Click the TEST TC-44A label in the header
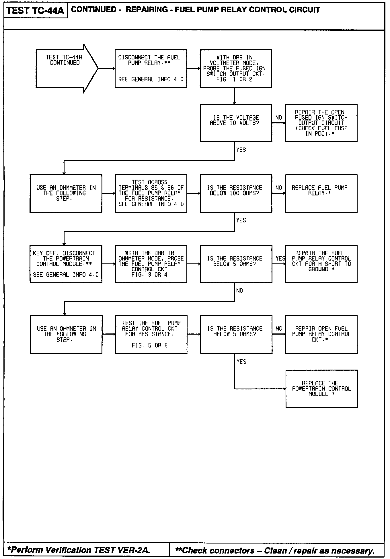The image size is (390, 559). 35,11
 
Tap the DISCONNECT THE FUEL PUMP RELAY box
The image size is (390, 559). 151,69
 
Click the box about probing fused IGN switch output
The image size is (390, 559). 236,69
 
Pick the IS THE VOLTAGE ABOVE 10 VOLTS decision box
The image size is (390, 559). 236,123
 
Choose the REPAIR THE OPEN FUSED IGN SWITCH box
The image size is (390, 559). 321,123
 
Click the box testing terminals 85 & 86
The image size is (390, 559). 151,193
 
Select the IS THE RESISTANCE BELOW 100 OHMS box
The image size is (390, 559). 236,193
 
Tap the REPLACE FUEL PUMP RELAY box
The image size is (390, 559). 321,193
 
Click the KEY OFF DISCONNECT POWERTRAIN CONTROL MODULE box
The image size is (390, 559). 66,264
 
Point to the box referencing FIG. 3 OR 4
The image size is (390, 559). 151,264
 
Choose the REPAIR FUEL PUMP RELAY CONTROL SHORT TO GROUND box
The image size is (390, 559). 321,264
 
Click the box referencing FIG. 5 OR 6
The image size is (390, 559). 151,335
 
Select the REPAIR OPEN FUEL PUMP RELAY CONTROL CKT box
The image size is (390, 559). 321,335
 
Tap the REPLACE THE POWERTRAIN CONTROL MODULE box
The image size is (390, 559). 321,389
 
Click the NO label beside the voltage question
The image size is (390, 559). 279,118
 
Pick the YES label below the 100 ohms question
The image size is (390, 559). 241,220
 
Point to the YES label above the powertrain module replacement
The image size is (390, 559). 241,362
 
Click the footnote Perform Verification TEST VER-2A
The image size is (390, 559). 79,550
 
